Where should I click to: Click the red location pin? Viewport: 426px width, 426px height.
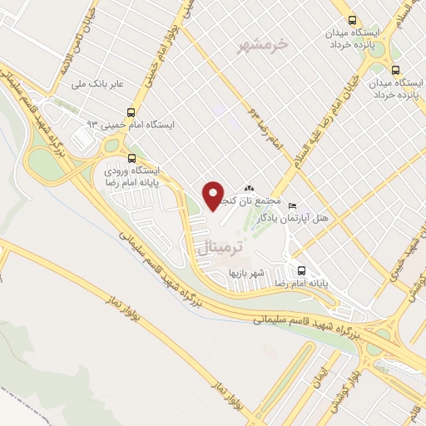213,196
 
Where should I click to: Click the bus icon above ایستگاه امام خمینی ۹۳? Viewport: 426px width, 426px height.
131,111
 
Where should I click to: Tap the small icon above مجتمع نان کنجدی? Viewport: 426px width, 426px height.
250,189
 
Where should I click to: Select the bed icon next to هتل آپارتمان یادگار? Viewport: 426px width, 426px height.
290,205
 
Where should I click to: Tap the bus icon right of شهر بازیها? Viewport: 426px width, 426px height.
300,270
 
